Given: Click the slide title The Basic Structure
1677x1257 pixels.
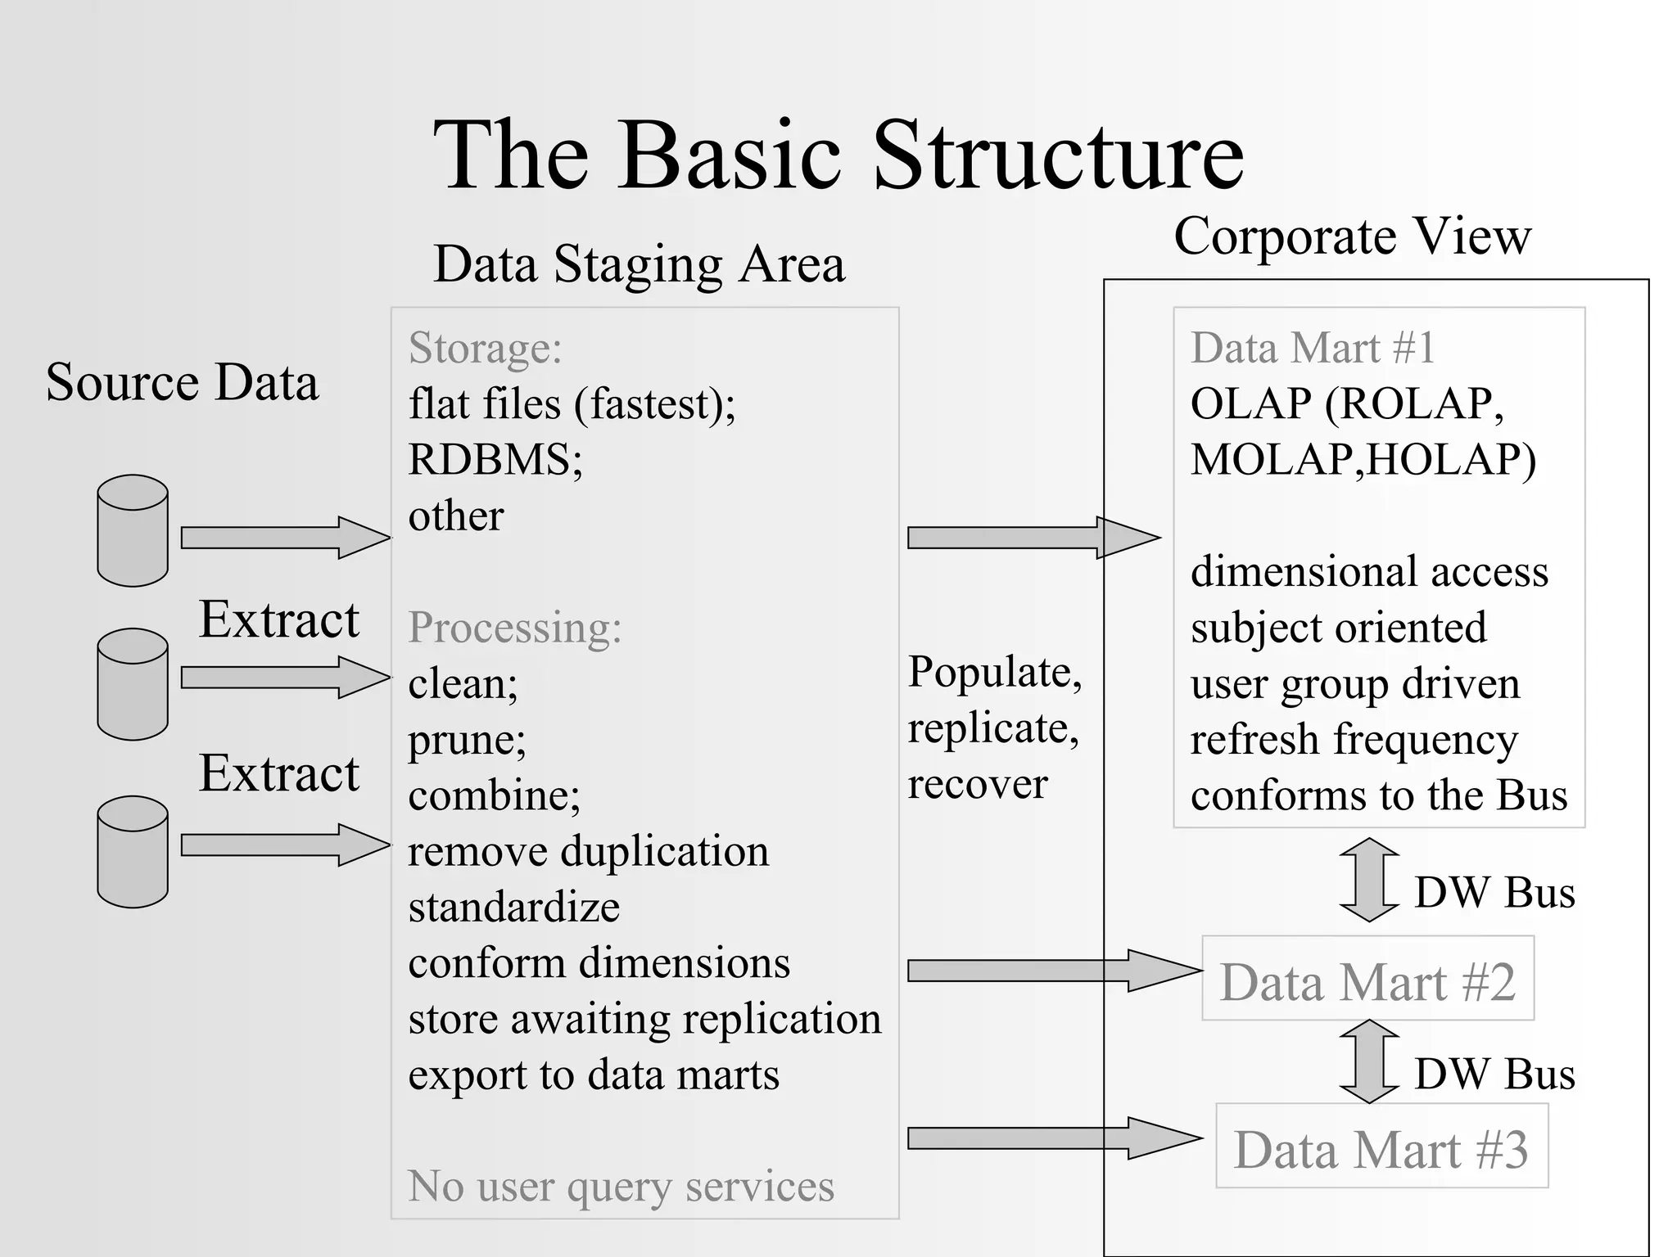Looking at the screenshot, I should click(x=838, y=155).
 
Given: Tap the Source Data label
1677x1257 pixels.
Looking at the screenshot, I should click(x=182, y=382).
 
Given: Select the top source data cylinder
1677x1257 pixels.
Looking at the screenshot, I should click(x=133, y=531).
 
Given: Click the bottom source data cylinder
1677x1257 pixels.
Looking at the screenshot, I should click(x=133, y=852).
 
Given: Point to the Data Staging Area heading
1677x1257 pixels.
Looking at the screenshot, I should click(x=639, y=264).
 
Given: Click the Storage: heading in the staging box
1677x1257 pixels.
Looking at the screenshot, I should click(x=485, y=348).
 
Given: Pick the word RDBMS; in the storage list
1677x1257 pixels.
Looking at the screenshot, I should click(x=495, y=459).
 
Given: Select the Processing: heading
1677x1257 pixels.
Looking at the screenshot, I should click(x=515, y=628).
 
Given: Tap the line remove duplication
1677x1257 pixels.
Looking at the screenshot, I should click(x=588, y=851).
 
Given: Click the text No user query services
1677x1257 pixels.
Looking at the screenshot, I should click(x=621, y=1186).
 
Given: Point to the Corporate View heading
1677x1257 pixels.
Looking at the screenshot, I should click(x=1352, y=237).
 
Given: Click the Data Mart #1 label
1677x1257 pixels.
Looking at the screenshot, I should click(x=1313, y=348).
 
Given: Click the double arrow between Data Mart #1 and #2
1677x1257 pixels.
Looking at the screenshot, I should click(x=1368, y=880).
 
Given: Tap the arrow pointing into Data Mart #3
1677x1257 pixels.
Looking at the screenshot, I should click(x=1055, y=1138).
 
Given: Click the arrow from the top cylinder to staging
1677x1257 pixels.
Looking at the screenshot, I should click(x=284, y=538).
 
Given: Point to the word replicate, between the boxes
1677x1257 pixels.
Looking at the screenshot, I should click(x=993, y=728).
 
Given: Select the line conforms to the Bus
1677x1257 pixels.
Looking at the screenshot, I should click(x=1378, y=795).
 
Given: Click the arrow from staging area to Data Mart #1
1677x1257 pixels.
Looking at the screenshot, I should click(x=1033, y=538).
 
